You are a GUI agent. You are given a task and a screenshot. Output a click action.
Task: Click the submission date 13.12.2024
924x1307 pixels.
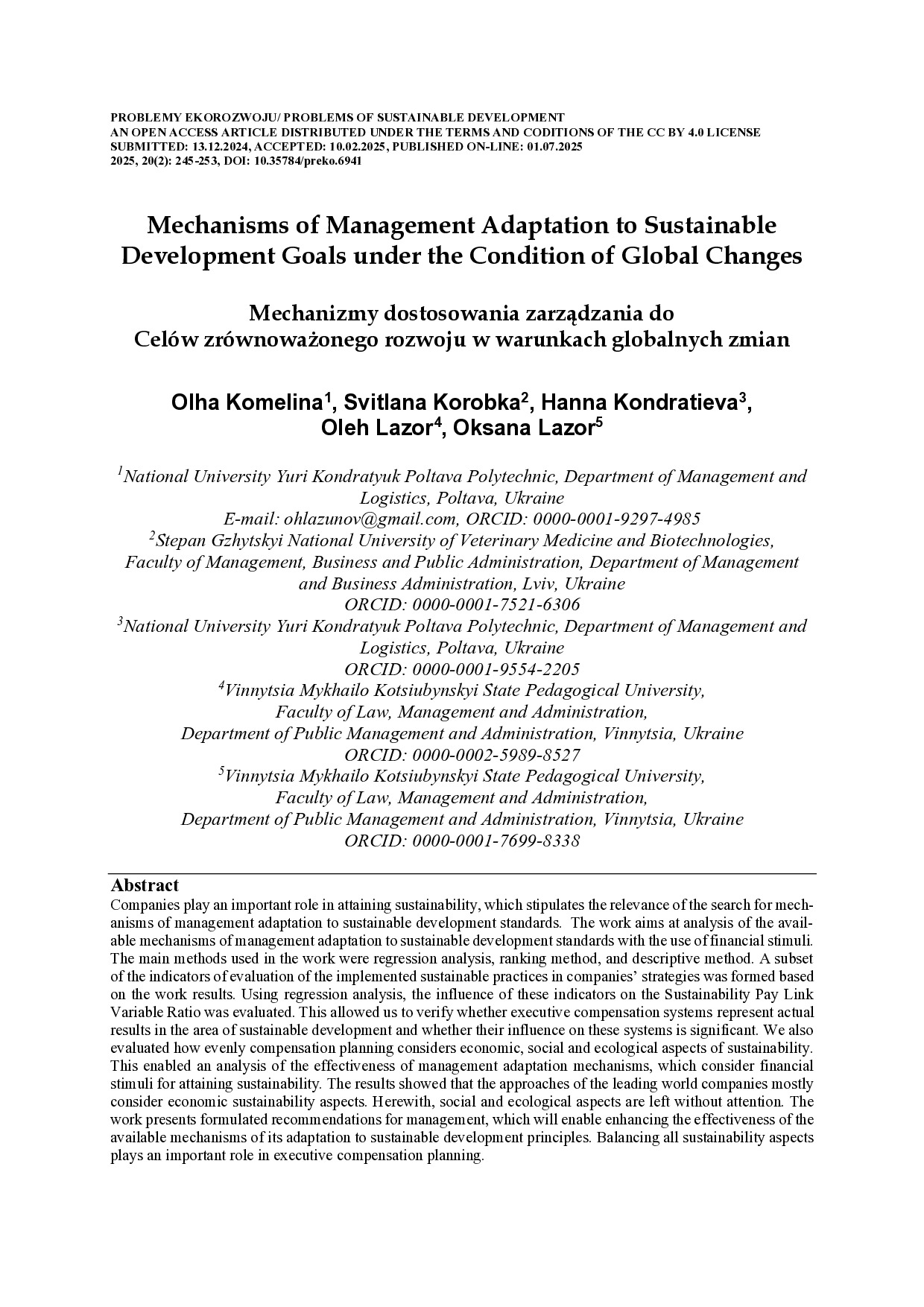click(201, 147)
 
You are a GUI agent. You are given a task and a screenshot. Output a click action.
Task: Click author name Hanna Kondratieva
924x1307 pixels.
click(639, 403)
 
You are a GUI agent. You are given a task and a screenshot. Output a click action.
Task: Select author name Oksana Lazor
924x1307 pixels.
click(523, 428)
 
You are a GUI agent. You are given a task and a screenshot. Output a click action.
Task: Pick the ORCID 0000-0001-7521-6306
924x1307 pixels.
click(496, 605)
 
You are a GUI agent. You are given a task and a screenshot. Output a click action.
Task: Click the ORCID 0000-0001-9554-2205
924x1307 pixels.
click(496, 669)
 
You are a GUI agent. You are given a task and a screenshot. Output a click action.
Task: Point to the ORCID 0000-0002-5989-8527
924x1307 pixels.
click(496, 756)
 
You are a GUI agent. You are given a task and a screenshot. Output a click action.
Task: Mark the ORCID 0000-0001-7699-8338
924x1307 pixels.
click(496, 841)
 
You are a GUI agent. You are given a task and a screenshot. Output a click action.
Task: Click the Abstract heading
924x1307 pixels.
click(145, 885)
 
